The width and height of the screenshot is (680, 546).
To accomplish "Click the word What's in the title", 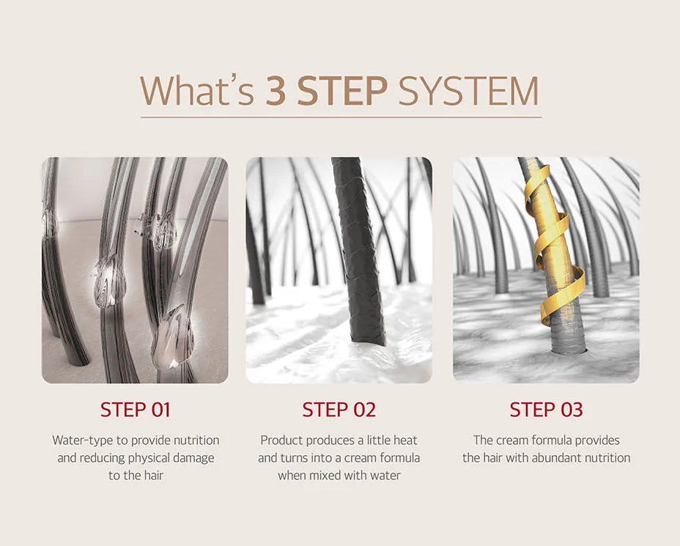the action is coord(197,90).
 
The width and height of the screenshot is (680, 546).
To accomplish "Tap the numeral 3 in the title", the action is coord(276,91).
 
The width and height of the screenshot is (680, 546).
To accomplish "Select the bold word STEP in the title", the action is coord(342,91).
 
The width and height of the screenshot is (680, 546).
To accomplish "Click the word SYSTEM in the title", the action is coord(468,91).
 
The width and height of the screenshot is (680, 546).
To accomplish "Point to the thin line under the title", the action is coord(341,117).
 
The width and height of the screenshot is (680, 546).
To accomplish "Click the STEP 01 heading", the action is coord(136,410).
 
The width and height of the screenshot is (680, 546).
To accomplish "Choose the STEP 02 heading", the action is coord(339,410).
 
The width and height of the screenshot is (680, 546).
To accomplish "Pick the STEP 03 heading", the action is coord(546,410).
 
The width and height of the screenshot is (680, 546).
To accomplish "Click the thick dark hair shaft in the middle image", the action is coord(358,251).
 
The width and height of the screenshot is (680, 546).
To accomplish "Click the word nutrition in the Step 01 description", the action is coord(196,440).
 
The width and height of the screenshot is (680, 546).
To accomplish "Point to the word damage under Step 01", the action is coord(193,458).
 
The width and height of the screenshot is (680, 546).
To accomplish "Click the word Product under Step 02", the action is coord(281,440).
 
